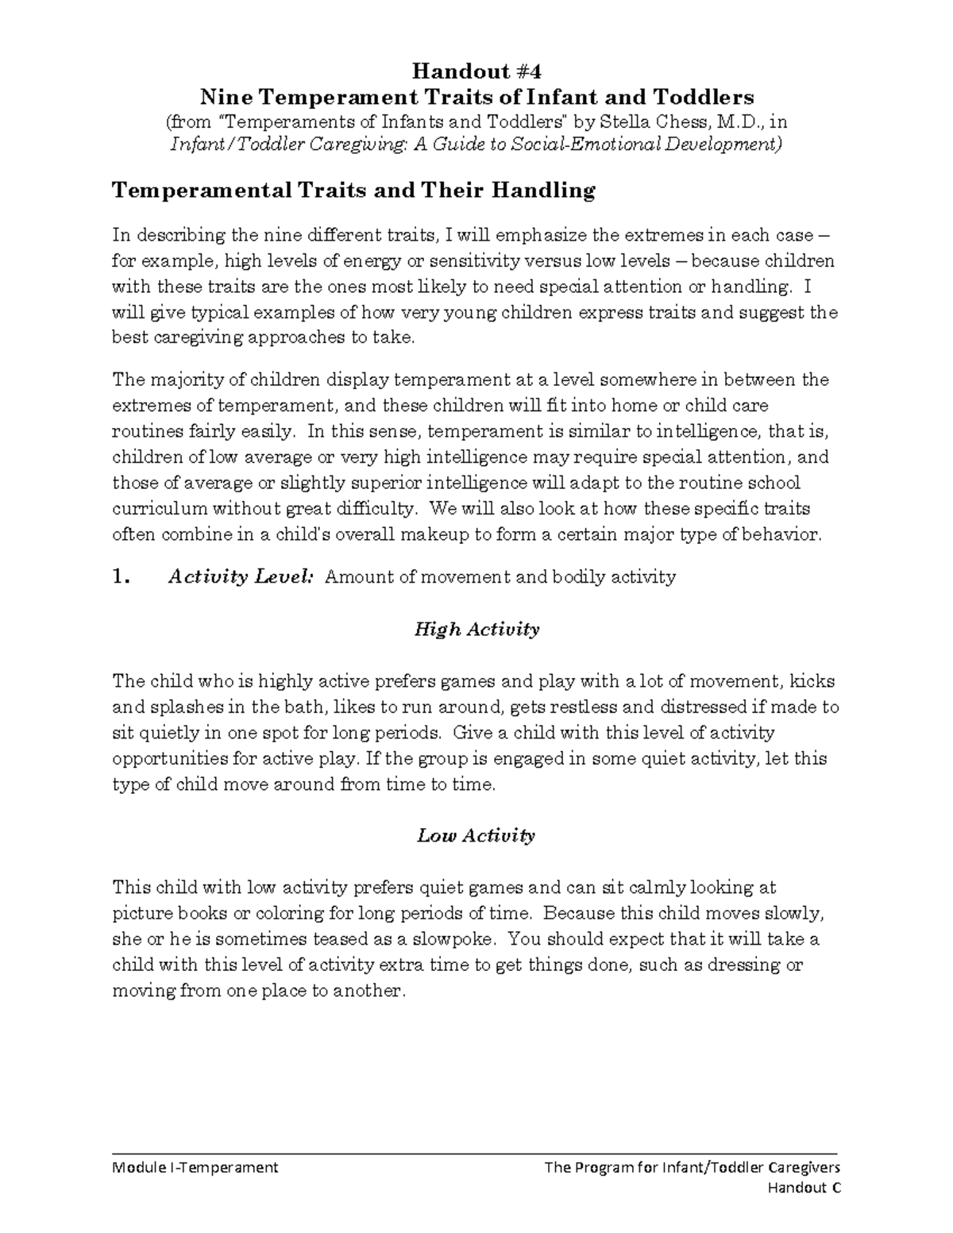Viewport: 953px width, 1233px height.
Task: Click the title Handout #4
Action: [x=476, y=71]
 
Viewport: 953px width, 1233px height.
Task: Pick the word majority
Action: [x=181, y=380]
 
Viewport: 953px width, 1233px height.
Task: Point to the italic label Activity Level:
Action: [x=241, y=577]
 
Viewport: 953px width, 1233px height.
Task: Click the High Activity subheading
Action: [x=476, y=630]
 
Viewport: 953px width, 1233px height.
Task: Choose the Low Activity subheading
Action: [x=476, y=835]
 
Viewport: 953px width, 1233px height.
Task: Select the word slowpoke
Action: [x=458, y=939]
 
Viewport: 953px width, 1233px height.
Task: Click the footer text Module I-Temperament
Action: [x=195, y=1167]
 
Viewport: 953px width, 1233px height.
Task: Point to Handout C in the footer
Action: [x=804, y=1189]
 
